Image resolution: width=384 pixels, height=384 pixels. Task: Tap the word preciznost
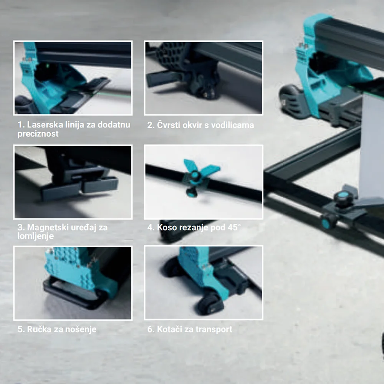pyautogui.click(x=38, y=134)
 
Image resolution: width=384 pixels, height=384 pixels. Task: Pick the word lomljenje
pyautogui.click(x=35, y=236)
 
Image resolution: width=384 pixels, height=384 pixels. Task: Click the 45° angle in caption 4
pyautogui.click(x=234, y=227)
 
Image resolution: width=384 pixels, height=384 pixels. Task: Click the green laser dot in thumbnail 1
pyautogui.click(x=48, y=66)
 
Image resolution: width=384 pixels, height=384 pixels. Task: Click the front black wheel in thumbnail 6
pyautogui.click(x=209, y=303)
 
